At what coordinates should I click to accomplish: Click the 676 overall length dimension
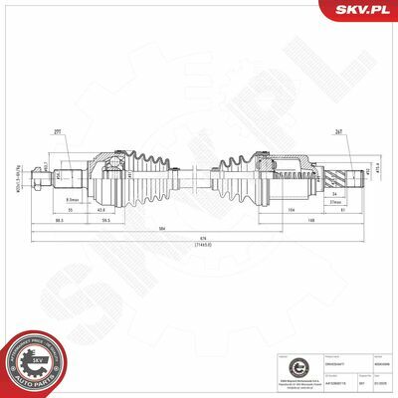click(x=204, y=237)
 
